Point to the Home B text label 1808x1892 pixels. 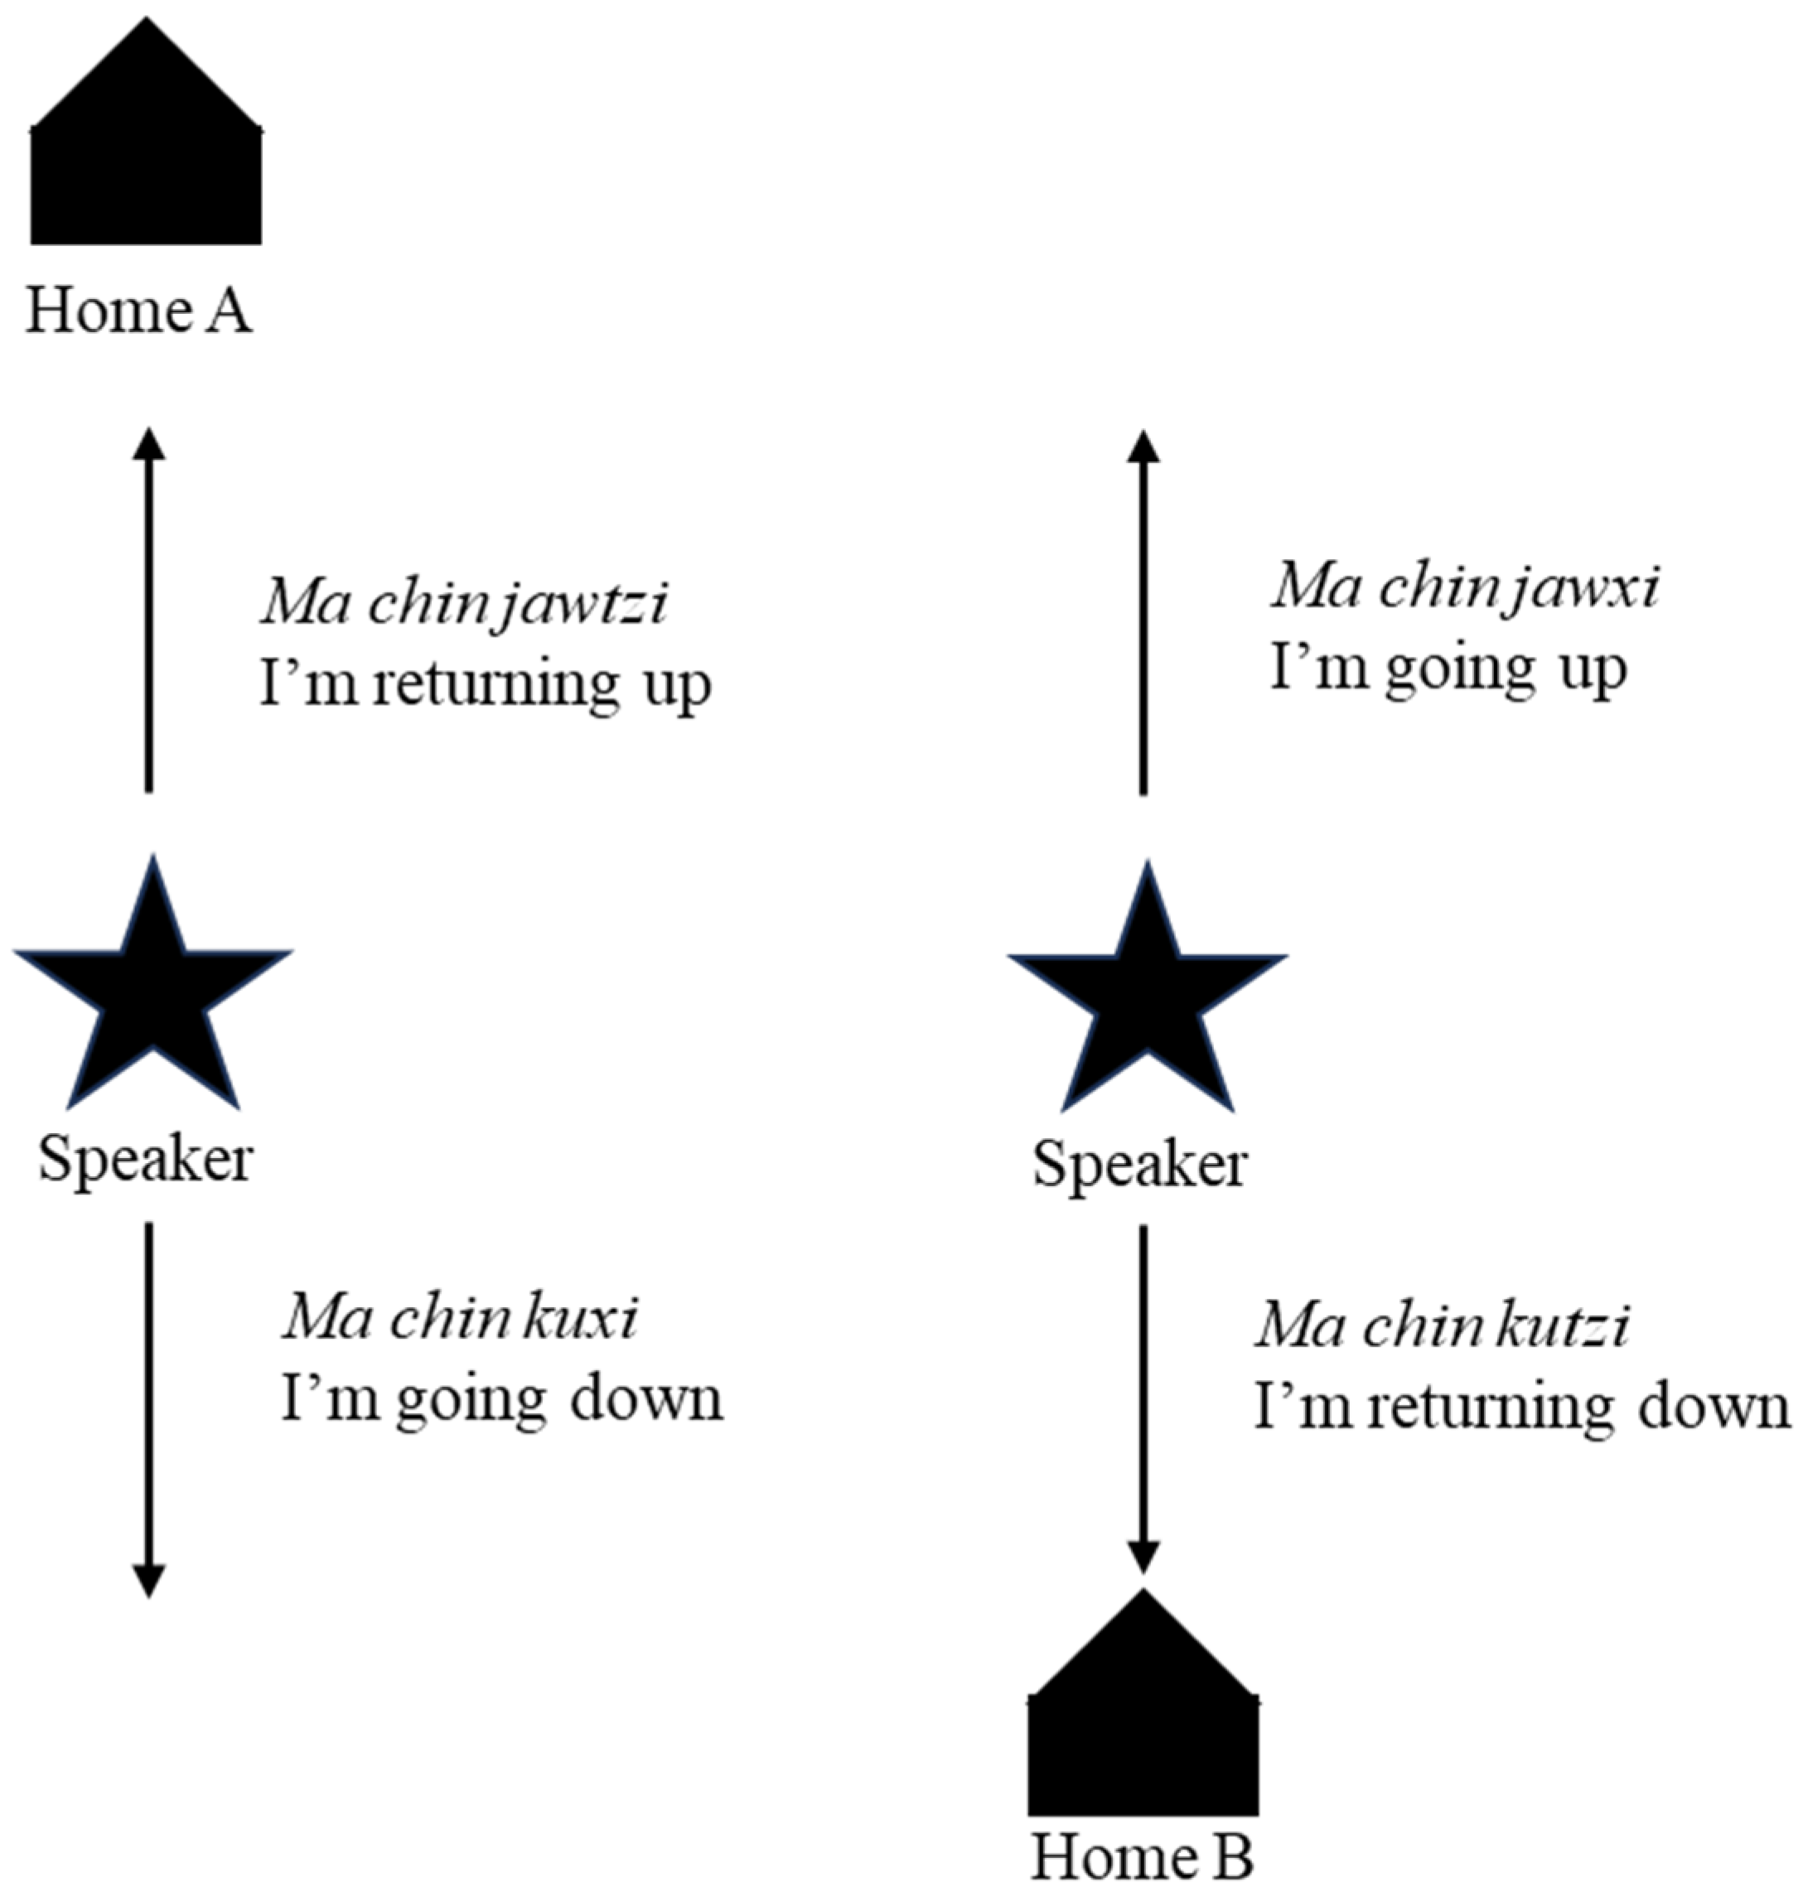click(1143, 1856)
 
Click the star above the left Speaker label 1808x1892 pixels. click(152, 992)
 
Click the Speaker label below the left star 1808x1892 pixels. click(146, 1158)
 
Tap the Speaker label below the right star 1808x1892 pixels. click(1140, 1164)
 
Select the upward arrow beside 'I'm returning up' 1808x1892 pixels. click(148, 611)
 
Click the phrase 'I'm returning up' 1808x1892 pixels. click(486, 686)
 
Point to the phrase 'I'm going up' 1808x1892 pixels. click(1449, 668)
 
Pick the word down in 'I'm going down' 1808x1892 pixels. click(646, 1399)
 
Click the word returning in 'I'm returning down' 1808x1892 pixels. click(1490, 1407)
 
